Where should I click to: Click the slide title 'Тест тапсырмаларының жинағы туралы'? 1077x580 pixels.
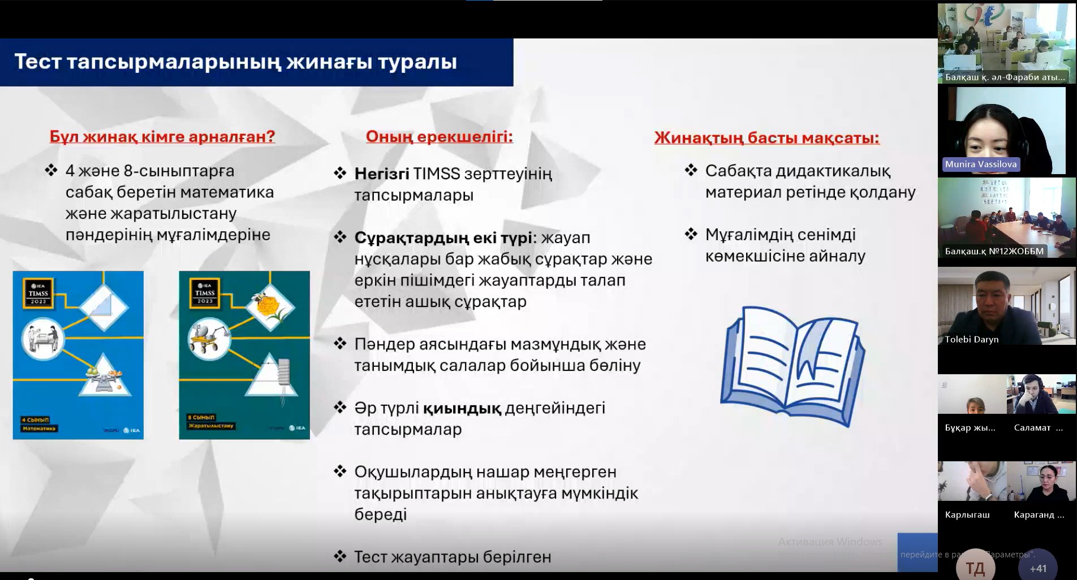[x=235, y=62]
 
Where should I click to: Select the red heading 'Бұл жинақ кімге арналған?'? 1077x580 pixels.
[x=162, y=137]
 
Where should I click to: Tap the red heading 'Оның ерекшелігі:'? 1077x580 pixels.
[x=439, y=137]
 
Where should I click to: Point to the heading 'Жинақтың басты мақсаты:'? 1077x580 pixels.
[x=766, y=138]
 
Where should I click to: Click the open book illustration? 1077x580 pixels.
[x=792, y=365]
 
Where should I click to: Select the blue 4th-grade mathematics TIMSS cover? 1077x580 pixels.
[x=78, y=355]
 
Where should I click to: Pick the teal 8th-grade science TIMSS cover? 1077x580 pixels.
[x=244, y=355]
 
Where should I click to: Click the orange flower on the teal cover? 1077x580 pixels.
[x=268, y=306]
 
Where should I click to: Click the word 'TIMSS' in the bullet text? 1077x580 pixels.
[x=437, y=174]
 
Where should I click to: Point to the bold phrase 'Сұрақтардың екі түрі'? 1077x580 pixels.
[x=443, y=238]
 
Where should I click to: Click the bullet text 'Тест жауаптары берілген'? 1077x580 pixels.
[x=453, y=557]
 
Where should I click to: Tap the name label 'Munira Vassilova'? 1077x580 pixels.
[x=980, y=165]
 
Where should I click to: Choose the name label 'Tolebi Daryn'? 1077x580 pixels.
[x=972, y=340]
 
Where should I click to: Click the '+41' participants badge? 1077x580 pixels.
[x=1038, y=568]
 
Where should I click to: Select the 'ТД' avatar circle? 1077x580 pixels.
[x=975, y=568]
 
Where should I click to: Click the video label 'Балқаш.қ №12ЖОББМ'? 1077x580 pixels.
[x=994, y=252]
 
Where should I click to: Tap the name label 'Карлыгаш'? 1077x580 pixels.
[x=967, y=515]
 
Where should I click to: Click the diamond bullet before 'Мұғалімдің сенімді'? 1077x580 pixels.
[x=691, y=233]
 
